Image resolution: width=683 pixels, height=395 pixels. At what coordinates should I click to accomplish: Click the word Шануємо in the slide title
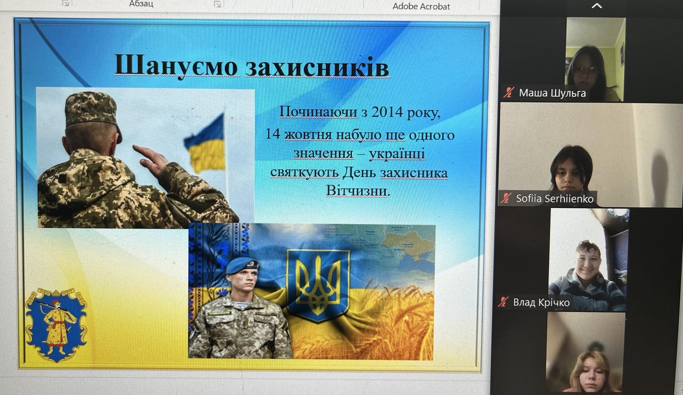click(x=176, y=66)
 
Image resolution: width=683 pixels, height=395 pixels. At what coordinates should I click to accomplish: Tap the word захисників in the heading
click(x=318, y=66)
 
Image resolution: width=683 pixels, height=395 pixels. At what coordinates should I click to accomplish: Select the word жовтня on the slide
click(x=308, y=135)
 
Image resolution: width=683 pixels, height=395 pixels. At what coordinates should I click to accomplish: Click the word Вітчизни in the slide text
click(x=358, y=191)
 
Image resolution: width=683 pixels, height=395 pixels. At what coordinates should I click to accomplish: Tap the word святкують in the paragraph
click(x=305, y=173)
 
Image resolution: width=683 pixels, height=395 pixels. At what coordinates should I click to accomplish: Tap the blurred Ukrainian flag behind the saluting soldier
click(x=205, y=143)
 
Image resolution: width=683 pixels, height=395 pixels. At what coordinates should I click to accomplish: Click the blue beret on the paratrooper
click(x=242, y=265)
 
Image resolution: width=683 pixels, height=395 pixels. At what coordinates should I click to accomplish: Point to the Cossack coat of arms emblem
click(x=56, y=324)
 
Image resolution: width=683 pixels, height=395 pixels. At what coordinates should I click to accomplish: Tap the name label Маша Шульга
click(x=552, y=93)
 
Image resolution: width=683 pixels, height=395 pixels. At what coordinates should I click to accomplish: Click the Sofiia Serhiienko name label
click(x=555, y=199)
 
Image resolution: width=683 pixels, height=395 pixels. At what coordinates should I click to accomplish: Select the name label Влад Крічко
click(x=541, y=302)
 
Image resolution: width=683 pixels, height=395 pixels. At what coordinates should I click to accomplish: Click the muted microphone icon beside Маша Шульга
click(x=508, y=92)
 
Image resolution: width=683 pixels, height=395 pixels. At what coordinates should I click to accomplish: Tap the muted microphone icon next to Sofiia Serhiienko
click(x=505, y=198)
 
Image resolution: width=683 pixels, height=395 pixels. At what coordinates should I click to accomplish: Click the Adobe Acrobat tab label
click(x=421, y=6)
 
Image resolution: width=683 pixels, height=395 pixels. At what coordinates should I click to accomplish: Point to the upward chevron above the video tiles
click(x=597, y=6)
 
